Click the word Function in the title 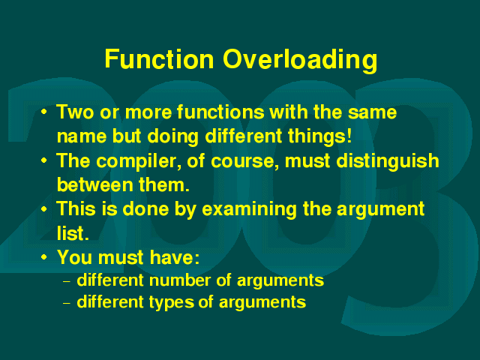[x=159, y=58]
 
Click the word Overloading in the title [x=300, y=61]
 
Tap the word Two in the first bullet [x=75, y=112]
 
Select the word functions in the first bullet [x=220, y=112]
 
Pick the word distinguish [x=388, y=161]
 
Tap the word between [x=95, y=184]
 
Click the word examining [x=249, y=210]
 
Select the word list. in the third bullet [x=73, y=233]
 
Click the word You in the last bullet [x=75, y=257]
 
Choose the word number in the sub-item [x=180, y=280]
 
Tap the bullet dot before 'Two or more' [x=44, y=112]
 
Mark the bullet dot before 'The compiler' [x=44, y=160]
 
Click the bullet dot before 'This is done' [x=44, y=208]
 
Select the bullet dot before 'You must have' [x=44, y=257]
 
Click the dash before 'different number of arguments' [x=67, y=282]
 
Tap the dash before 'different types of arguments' [x=67, y=303]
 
